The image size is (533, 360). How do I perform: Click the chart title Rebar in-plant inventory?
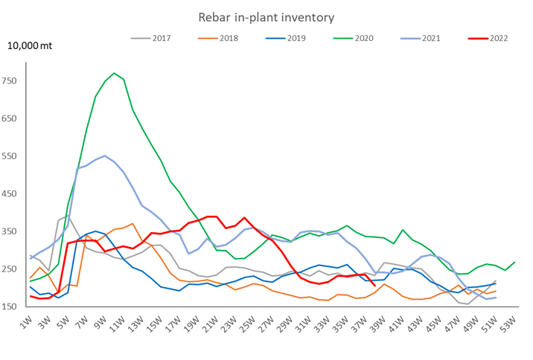[x=265, y=16]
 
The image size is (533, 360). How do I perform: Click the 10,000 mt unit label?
[x=31, y=45]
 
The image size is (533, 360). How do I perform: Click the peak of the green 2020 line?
[x=114, y=73]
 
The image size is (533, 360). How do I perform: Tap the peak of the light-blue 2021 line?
[x=105, y=155]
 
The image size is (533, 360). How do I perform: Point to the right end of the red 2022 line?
[x=374, y=284]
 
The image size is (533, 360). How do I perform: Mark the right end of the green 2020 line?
[x=514, y=263]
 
